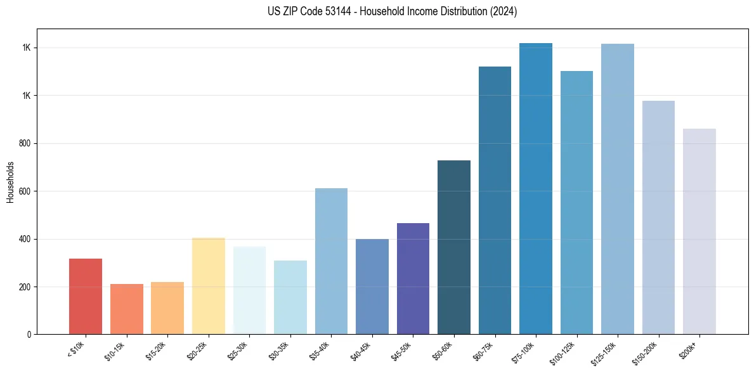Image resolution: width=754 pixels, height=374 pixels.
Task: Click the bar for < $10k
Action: (86, 297)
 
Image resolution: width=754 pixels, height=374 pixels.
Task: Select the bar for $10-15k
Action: (126, 309)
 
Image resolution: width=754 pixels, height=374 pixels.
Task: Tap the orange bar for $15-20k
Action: (167, 308)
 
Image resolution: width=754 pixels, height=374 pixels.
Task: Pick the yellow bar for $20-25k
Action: (208, 286)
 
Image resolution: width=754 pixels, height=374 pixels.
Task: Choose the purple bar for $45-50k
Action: (413, 279)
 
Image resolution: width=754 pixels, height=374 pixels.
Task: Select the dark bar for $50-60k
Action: (454, 247)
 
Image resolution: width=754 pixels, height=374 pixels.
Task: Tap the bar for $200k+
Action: (699, 231)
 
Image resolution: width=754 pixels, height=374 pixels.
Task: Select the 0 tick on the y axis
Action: (30, 335)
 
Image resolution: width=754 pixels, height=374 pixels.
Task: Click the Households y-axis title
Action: (10, 181)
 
